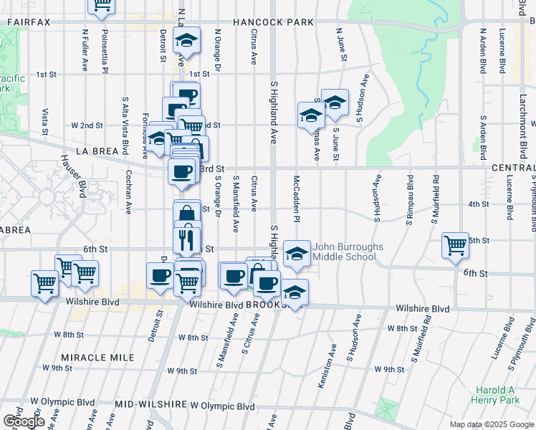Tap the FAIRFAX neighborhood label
(29, 22)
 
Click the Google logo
(23, 421)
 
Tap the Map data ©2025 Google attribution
(492, 424)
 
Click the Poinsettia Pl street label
(105, 51)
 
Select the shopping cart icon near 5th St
(456, 246)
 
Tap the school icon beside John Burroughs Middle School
(297, 254)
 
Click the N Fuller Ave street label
(85, 49)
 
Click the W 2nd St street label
(85, 125)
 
